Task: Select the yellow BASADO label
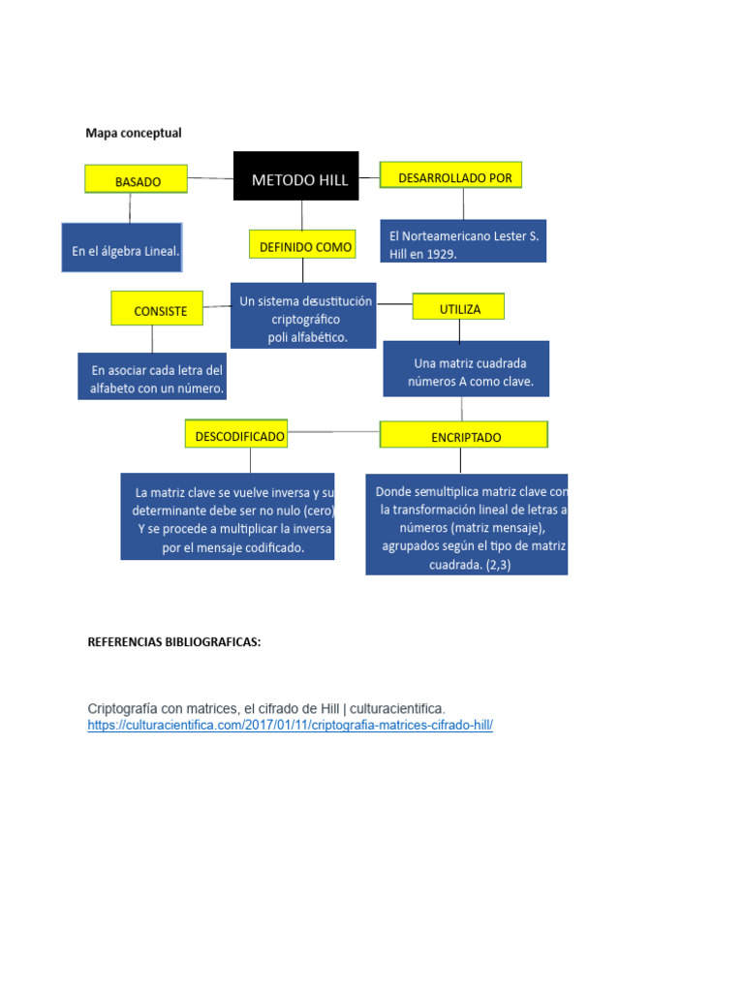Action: pyautogui.click(x=138, y=180)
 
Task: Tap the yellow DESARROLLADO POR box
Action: pyautogui.click(x=450, y=175)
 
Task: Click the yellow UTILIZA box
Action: pyautogui.click(x=458, y=306)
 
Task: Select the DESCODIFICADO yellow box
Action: pyautogui.click(x=239, y=435)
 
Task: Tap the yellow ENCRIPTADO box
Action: pyautogui.click(x=464, y=435)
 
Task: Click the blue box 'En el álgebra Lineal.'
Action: pyautogui.click(x=121, y=248)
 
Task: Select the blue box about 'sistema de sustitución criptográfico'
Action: pyautogui.click(x=303, y=316)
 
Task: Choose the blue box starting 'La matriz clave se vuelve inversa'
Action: pyautogui.click(x=228, y=516)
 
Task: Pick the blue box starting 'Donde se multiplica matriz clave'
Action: pyautogui.click(x=467, y=524)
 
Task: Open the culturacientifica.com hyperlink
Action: pyautogui.click(x=290, y=726)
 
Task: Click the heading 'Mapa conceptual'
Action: pyautogui.click(x=134, y=133)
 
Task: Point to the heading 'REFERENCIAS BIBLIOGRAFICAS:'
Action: pyautogui.click(x=174, y=641)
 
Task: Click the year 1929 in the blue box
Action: pyautogui.click(x=441, y=254)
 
